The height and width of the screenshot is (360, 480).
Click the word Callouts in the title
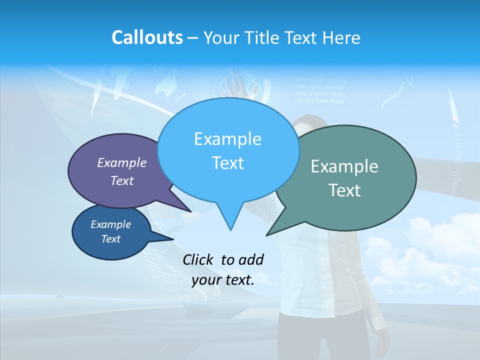click(x=147, y=37)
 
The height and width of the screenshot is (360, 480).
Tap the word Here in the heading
click(x=342, y=37)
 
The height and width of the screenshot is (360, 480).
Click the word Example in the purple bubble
click(x=122, y=163)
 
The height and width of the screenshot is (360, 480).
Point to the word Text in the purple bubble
click(x=122, y=181)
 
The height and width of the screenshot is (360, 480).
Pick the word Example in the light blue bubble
click(x=227, y=139)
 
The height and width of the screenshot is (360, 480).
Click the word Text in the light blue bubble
click(x=227, y=163)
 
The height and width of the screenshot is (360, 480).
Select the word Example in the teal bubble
click(x=344, y=166)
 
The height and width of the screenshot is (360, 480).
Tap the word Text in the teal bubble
click(x=344, y=190)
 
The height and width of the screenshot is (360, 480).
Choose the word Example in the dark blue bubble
click(x=111, y=224)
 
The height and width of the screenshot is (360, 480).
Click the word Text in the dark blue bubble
click(x=111, y=239)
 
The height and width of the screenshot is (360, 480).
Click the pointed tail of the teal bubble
click(x=268, y=234)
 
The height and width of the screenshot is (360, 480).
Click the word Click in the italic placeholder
click(x=198, y=259)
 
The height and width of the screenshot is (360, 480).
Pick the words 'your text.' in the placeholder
click(x=223, y=279)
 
